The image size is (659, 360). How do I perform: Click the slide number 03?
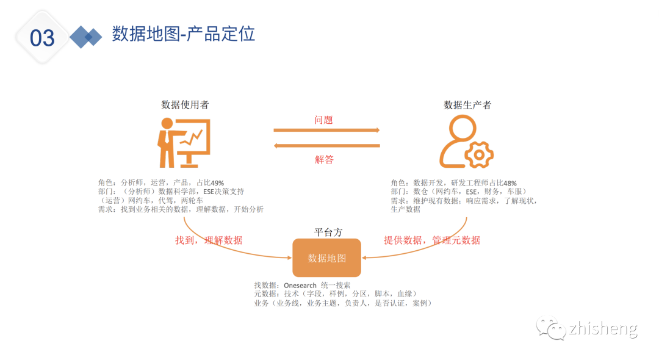point(42,38)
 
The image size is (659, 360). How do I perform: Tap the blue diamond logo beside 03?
point(85,37)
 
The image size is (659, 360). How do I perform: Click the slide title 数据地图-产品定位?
point(183,34)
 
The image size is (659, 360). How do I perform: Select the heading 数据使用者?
point(185,104)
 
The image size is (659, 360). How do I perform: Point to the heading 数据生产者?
point(467,104)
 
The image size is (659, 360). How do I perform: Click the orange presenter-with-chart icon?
point(184,143)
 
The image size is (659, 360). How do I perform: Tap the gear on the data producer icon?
point(478,155)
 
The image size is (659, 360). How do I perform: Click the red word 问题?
point(323,120)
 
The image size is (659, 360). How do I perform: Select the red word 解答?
point(324,159)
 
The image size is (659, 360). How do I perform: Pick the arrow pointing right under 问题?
point(326,130)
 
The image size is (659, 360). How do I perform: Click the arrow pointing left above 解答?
point(326,145)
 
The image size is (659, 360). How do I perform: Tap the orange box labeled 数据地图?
point(326,258)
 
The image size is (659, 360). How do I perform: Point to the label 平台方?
point(328,232)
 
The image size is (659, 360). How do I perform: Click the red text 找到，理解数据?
point(209,240)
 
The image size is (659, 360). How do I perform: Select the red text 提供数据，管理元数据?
point(431,240)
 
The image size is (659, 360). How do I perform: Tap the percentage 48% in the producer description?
point(510,182)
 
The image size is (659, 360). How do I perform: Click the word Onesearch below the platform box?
point(300,285)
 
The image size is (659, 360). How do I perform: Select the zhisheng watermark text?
point(602,329)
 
